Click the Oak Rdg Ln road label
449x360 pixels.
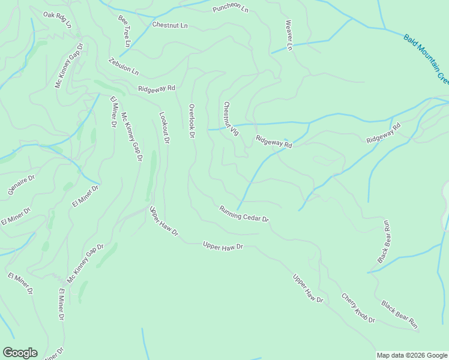[57, 20]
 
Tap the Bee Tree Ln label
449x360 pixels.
[124, 32]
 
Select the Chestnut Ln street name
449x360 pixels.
[170, 25]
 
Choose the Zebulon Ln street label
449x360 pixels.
[124, 67]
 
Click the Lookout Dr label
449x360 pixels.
[164, 127]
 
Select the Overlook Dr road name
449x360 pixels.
[192, 121]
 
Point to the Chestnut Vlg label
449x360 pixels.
[231, 119]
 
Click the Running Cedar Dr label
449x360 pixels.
[244, 214]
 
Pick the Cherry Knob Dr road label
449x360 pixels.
[358, 308]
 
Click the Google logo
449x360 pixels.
[20, 353]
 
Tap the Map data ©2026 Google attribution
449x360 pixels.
[412, 355]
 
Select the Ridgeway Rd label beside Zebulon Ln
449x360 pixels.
[156, 88]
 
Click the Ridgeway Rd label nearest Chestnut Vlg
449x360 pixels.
[274, 142]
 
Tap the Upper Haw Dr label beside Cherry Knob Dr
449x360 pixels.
[308, 289]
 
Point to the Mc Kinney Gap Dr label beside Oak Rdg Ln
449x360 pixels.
[68, 65]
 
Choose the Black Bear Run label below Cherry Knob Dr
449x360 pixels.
[399, 315]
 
